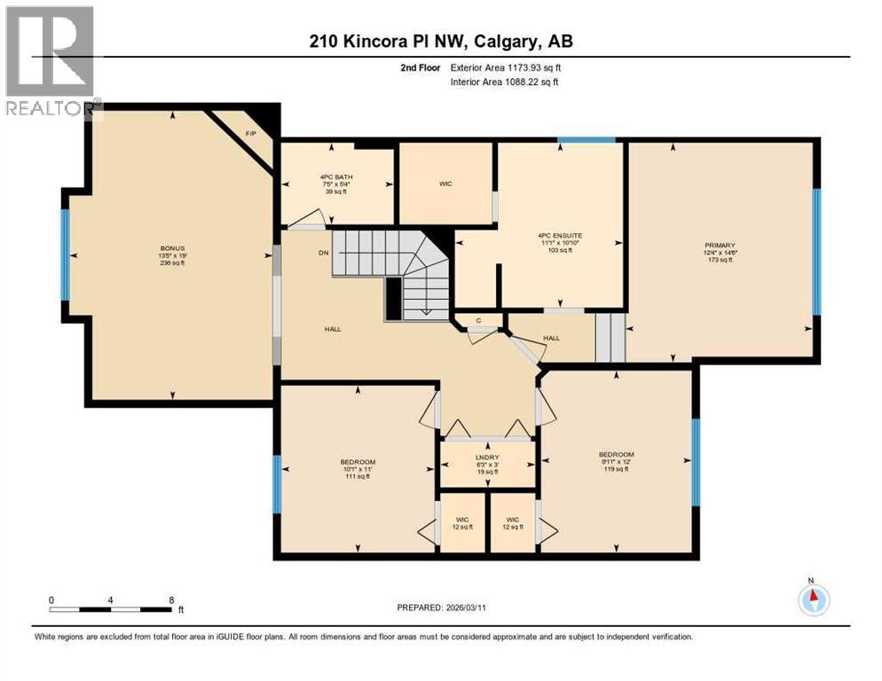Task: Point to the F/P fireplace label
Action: click(x=250, y=134)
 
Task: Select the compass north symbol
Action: click(x=814, y=600)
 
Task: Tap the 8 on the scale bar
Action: click(x=171, y=599)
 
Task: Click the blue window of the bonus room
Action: click(x=65, y=254)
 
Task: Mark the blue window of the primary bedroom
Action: click(x=817, y=252)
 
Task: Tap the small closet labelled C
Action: click(x=478, y=320)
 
